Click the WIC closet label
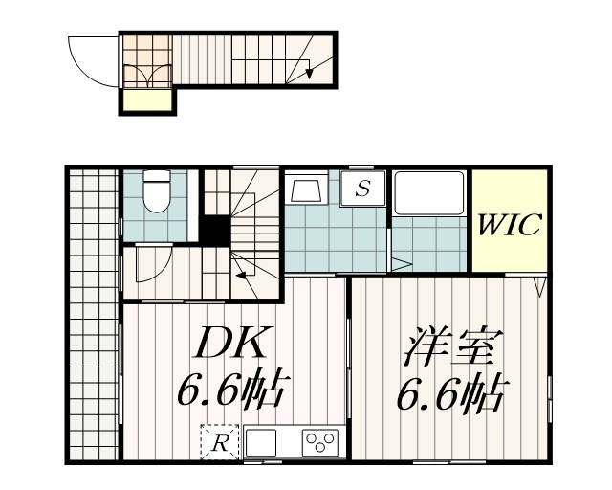(510, 226)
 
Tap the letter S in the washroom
(363, 189)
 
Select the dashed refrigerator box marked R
(219, 442)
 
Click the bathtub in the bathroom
(429, 192)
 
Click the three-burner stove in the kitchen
(319, 442)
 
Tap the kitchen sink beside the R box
(261, 443)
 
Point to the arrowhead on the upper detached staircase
(310, 70)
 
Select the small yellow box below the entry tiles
(146, 101)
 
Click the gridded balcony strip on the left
(92, 316)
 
